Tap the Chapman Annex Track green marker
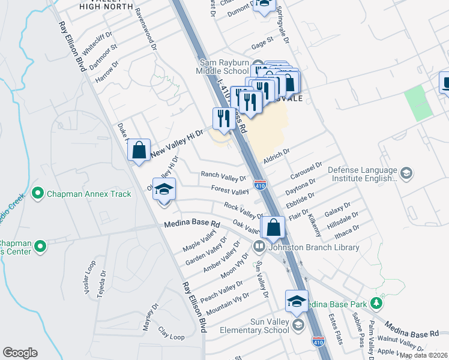[x=38, y=193]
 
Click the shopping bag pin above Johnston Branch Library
[x=273, y=228]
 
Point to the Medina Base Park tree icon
[x=377, y=303]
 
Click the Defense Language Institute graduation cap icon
[x=406, y=173]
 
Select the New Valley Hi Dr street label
[x=178, y=145]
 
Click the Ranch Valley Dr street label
[x=223, y=177]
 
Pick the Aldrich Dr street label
[x=276, y=156]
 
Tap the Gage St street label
[x=262, y=43]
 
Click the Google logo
[x=20, y=353]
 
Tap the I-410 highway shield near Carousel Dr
[x=260, y=186]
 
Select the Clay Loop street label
[x=171, y=334]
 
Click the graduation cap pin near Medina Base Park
[x=297, y=302]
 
